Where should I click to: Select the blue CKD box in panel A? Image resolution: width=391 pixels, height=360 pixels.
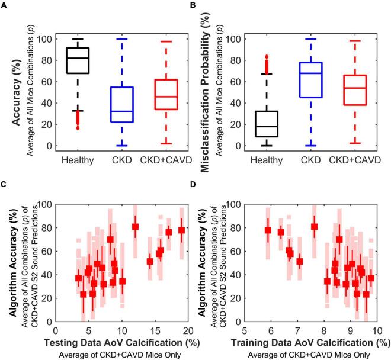(x=121, y=105)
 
